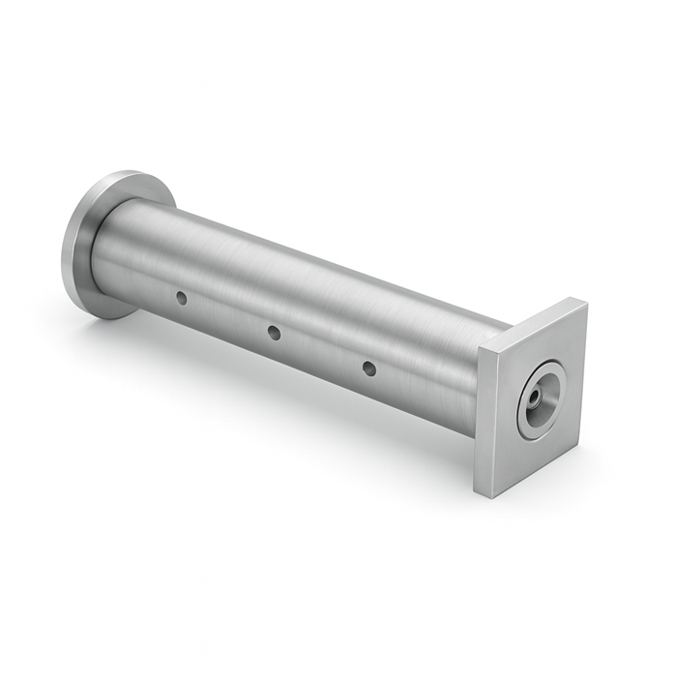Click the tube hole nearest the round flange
pyautogui.click(x=181, y=298)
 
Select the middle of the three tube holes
pyautogui.click(x=274, y=333)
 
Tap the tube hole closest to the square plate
pyautogui.click(x=368, y=368)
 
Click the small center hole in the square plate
pyautogui.click(x=533, y=397)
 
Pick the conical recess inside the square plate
pyautogui.click(x=544, y=390)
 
